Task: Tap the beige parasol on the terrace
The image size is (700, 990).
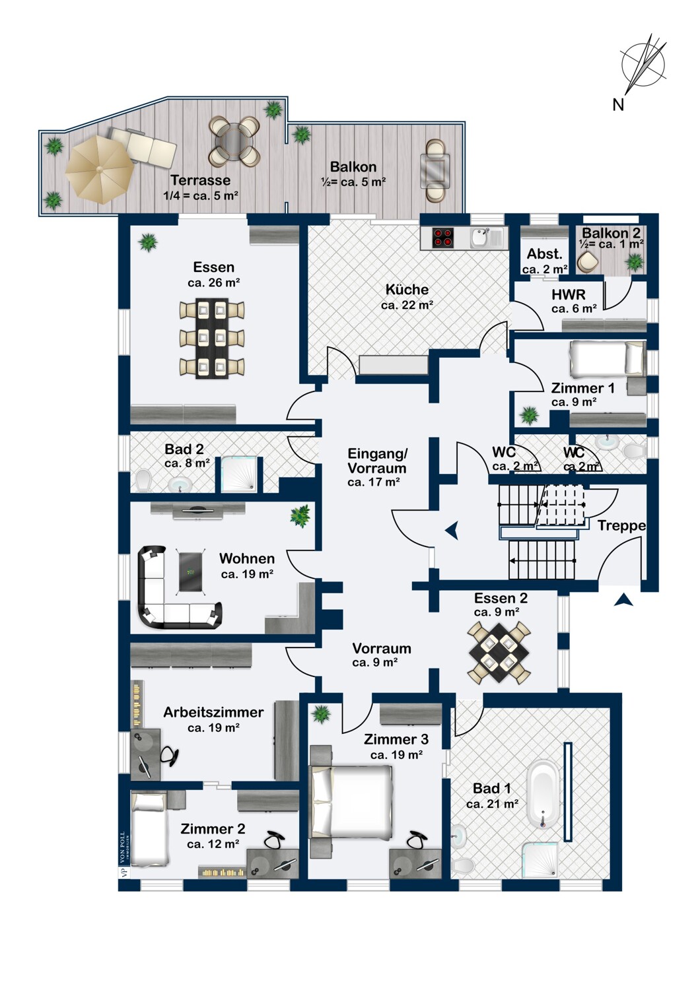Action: pyautogui.click(x=99, y=169)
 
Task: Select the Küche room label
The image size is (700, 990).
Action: pyautogui.click(x=407, y=290)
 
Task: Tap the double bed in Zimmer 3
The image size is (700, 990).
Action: pyautogui.click(x=352, y=802)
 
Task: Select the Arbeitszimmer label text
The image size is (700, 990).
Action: pyautogui.click(x=213, y=712)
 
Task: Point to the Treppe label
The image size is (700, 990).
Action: pyautogui.click(x=621, y=526)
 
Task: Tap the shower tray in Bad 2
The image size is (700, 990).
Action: pyautogui.click(x=239, y=475)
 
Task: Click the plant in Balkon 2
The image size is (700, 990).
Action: pyautogui.click(x=635, y=262)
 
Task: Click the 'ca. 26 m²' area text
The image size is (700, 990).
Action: pyautogui.click(x=213, y=282)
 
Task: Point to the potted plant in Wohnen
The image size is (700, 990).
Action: pyautogui.click(x=300, y=515)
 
